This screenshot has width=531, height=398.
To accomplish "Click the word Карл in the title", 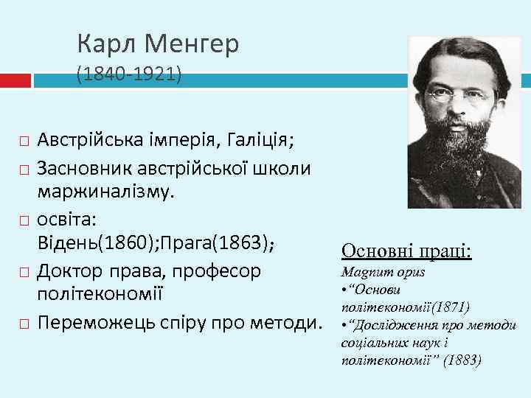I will pyautogui.click(x=108, y=46).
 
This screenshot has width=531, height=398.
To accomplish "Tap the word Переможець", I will pyautogui.click(x=97, y=323).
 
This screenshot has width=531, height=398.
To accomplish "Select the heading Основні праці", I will pyautogui.click(x=406, y=251).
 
